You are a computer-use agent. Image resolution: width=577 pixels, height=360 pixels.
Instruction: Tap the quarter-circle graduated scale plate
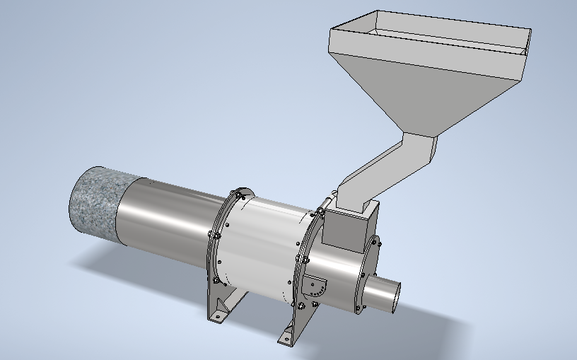click(318, 286)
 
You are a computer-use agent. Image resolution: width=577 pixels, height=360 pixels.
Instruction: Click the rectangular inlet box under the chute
click(345, 231)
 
